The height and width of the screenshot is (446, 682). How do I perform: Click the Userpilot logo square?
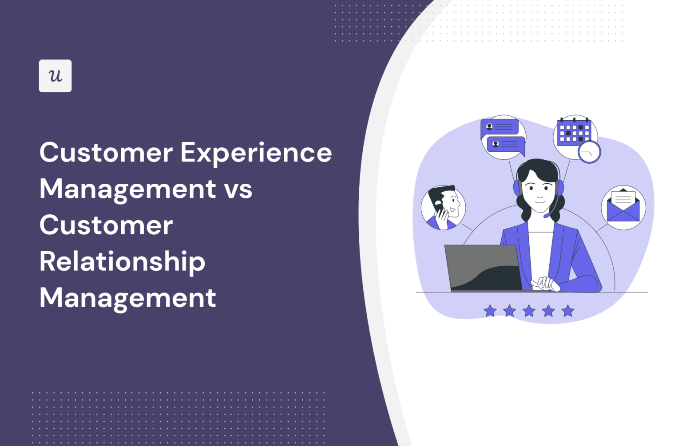(55, 76)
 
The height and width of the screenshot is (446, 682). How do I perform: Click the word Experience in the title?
(256, 153)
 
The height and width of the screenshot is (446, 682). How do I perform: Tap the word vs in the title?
(238, 189)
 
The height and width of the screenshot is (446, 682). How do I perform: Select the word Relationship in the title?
(122, 262)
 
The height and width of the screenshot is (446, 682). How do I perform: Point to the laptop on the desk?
(484, 268)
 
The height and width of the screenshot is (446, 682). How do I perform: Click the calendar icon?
(574, 132)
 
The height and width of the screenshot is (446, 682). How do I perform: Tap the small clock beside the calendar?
(589, 152)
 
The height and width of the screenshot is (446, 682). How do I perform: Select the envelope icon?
(623, 208)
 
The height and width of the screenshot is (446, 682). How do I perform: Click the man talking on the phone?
(443, 207)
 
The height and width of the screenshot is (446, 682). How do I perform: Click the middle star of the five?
(529, 311)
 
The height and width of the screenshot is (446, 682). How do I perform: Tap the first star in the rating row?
(490, 311)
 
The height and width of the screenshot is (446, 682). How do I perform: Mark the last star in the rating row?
(568, 311)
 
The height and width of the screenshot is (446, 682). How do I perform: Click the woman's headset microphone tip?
(547, 216)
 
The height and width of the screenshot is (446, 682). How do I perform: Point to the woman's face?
(539, 191)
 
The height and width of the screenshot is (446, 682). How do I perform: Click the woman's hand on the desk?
(545, 283)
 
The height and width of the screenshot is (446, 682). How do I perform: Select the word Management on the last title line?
(127, 298)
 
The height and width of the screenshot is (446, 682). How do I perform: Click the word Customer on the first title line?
(106, 153)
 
